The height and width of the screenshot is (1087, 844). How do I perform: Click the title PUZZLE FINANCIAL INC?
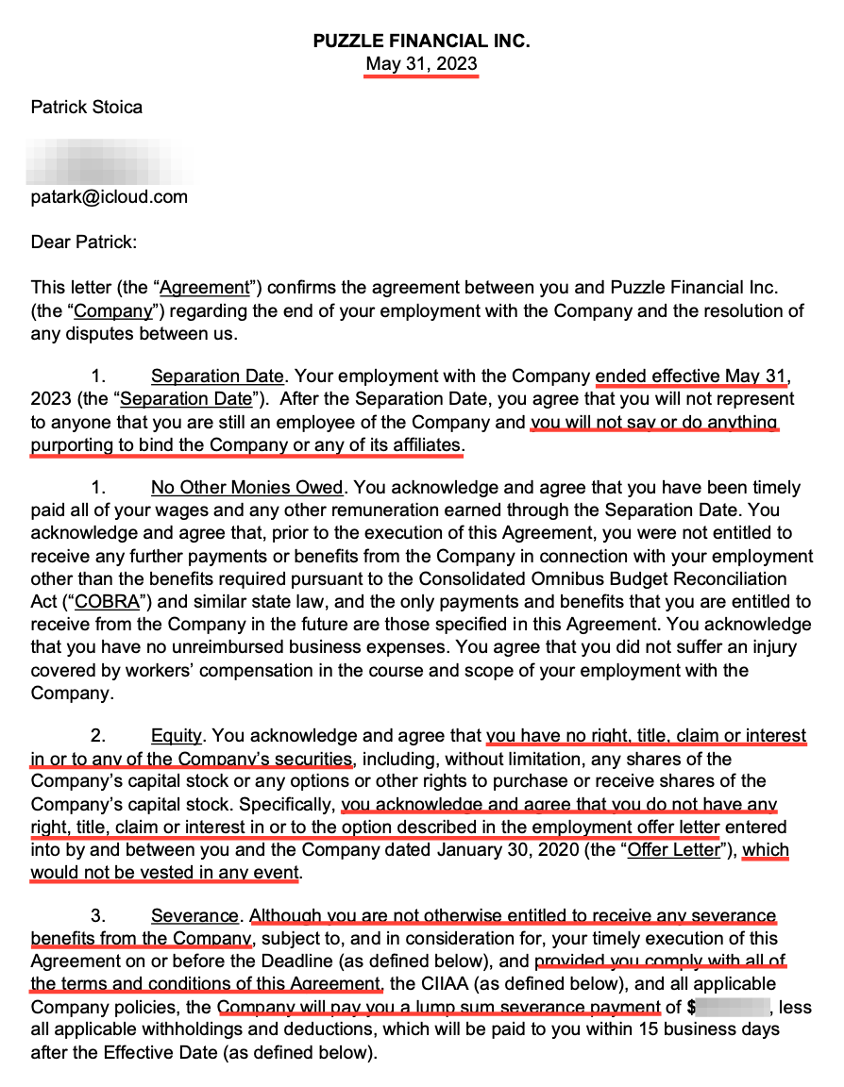click(421, 42)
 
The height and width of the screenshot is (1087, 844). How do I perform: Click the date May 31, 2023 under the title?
click(421, 65)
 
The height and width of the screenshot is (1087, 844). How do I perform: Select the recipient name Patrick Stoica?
click(87, 108)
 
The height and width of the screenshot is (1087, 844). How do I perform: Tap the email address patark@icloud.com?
click(110, 197)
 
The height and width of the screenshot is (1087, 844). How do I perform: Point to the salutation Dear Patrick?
click(84, 242)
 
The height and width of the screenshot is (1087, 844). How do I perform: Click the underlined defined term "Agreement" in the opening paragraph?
click(205, 288)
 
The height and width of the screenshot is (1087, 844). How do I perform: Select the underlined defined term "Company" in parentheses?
click(113, 310)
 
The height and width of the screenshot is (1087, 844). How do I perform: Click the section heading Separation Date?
click(217, 377)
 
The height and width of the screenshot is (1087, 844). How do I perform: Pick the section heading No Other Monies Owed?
click(246, 488)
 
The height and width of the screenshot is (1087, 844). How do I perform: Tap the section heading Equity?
click(177, 736)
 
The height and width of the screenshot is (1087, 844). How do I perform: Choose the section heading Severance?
click(194, 916)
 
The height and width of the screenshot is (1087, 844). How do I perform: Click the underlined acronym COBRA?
click(100, 601)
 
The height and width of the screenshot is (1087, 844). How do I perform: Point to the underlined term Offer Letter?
click(674, 850)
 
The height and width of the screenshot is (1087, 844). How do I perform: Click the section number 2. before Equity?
click(98, 736)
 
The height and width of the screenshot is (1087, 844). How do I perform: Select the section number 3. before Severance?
click(98, 916)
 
